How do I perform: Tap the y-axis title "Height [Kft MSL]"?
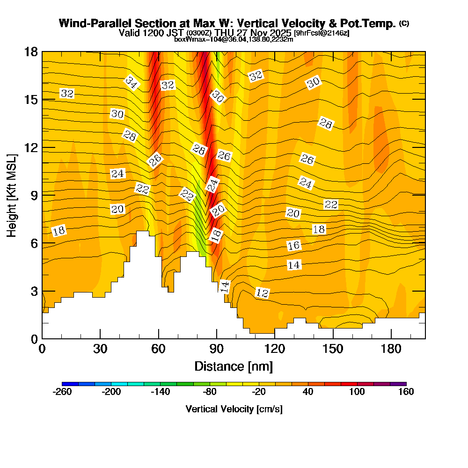pyautogui.click(x=12, y=194)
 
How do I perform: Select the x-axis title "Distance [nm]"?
pyautogui.click(x=234, y=366)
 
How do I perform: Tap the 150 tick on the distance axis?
pyautogui.click(x=333, y=349)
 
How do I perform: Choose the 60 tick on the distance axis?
pyautogui.click(x=159, y=349)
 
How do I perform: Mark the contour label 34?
pyautogui.click(x=132, y=83)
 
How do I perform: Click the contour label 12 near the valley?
pyautogui.click(x=263, y=293)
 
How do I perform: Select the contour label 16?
pyautogui.click(x=293, y=245)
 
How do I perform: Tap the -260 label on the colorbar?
pyautogui.click(x=62, y=392)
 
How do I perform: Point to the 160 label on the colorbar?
pyautogui.click(x=406, y=392)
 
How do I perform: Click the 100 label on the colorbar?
pyautogui.click(x=357, y=392)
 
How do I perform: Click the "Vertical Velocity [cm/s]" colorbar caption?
pyautogui.click(x=234, y=409)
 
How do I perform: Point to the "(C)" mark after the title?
pyautogui.click(x=404, y=23)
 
